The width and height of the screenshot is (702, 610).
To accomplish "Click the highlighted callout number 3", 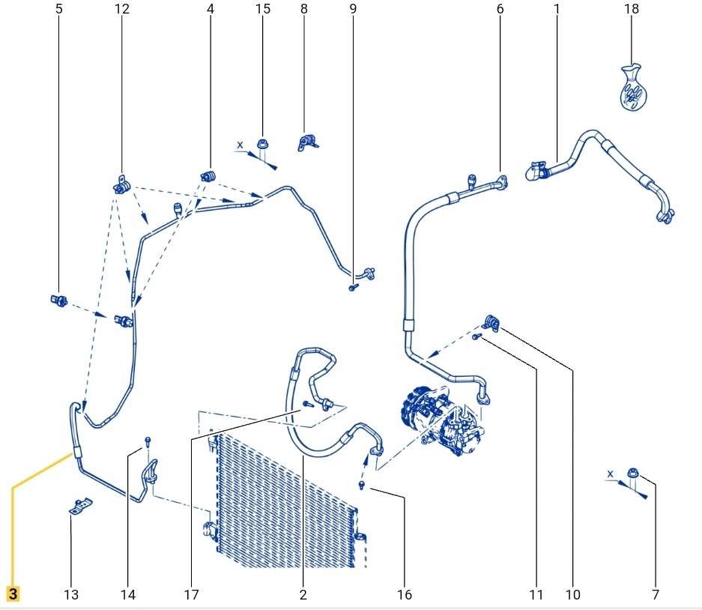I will [x=13, y=594].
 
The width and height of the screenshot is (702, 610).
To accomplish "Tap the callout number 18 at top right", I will [x=631, y=10].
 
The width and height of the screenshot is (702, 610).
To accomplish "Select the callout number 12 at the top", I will [x=121, y=10].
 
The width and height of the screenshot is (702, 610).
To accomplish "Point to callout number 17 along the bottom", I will [x=191, y=595].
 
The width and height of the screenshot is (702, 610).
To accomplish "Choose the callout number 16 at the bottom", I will [x=404, y=595].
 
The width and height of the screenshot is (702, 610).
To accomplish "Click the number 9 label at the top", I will [x=353, y=10].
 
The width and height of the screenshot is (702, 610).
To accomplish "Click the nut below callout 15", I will [x=262, y=145].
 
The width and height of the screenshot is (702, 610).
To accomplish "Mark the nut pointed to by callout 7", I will [x=634, y=474].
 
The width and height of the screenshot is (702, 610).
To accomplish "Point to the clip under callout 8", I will [x=308, y=143].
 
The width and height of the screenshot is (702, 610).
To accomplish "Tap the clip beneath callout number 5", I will [x=59, y=301].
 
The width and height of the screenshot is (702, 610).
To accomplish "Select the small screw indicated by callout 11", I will [x=476, y=338].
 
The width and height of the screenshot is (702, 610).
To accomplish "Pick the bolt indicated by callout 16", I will [x=363, y=487].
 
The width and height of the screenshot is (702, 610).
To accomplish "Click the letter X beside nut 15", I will [x=240, y=144].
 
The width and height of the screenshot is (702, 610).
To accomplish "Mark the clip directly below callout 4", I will [x=208, y=177].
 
